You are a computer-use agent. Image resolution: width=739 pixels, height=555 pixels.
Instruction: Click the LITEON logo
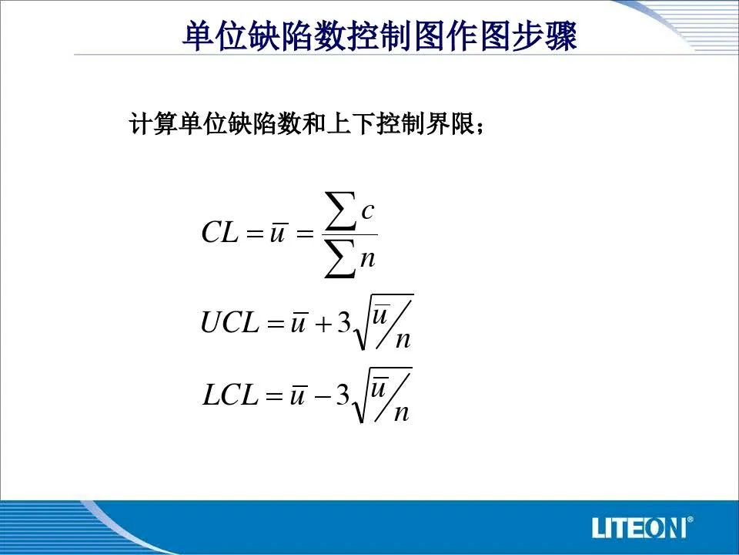[642, 527]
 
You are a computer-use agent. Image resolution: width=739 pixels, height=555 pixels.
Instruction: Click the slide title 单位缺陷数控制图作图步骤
[380, 35]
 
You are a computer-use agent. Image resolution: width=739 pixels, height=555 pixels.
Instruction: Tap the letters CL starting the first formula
[220, 232]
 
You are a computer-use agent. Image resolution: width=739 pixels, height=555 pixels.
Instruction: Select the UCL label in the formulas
[230, 322]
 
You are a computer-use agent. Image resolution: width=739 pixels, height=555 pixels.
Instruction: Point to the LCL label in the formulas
[230, 395]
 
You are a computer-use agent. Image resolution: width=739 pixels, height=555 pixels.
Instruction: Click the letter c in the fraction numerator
[368, 212]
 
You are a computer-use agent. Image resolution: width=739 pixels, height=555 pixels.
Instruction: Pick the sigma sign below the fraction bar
[339, 258]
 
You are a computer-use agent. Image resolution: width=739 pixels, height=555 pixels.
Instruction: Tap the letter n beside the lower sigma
[368, 260]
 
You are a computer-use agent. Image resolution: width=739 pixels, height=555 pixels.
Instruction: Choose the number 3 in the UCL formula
[344, 323]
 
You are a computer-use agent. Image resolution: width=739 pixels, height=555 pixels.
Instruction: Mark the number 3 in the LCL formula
[343, 395]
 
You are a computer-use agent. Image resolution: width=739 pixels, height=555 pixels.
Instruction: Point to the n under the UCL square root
[403, 341]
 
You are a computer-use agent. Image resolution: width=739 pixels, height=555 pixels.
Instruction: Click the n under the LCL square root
[401, 413]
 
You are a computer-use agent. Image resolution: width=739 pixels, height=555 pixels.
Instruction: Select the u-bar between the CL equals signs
[278, 232]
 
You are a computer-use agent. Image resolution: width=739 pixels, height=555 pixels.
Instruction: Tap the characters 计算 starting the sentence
[152, 123]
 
